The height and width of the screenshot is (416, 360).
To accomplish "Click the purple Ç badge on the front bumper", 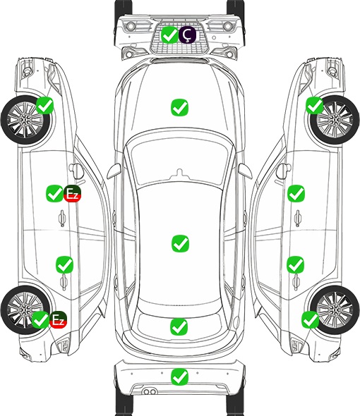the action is [187, 35].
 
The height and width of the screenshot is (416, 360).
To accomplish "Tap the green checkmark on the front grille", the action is [169, 35].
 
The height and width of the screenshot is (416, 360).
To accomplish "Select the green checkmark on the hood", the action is [179, 107].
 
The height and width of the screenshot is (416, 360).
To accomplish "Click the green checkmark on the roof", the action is [180, 243].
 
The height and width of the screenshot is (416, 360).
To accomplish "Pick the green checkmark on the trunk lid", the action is [179, 326].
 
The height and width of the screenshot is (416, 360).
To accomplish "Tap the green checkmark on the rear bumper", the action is [180, 377].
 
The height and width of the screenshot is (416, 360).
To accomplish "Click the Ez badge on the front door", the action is [72, 194].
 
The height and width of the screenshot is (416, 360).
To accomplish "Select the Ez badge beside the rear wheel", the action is [58, 319].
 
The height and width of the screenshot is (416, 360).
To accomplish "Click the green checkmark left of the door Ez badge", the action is [54, 193].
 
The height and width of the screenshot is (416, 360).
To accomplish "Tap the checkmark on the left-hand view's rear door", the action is [64, 264].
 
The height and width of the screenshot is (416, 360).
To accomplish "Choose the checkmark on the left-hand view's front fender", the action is [44, 105].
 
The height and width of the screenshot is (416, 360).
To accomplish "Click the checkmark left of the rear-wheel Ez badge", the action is [40, 319].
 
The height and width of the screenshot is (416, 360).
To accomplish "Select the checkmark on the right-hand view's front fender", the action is [315, 105].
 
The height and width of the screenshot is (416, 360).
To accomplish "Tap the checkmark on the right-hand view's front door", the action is [296, 193].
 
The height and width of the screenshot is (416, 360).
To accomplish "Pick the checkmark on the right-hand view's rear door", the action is [296, 264].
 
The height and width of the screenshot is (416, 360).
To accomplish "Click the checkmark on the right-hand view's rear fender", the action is [311, 319].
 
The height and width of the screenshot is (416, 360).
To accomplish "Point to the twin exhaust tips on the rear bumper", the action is [150, 391].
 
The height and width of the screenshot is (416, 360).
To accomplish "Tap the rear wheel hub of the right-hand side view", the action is [335, 310].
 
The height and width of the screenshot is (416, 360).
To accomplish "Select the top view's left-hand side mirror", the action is [114, 171].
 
